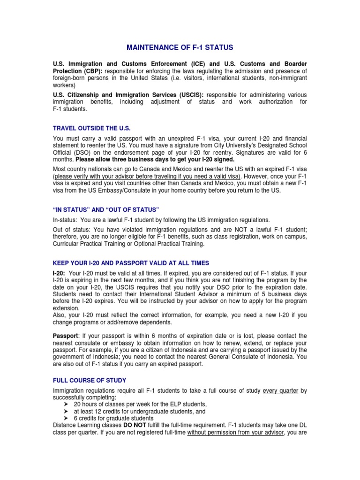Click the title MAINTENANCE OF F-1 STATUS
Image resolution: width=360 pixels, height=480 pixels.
point(180,47)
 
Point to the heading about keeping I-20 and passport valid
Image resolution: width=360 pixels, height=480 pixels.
point(131,263)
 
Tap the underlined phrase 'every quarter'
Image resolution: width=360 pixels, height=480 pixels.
point(281,390)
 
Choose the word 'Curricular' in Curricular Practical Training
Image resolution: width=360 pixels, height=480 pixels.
point(66,244)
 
